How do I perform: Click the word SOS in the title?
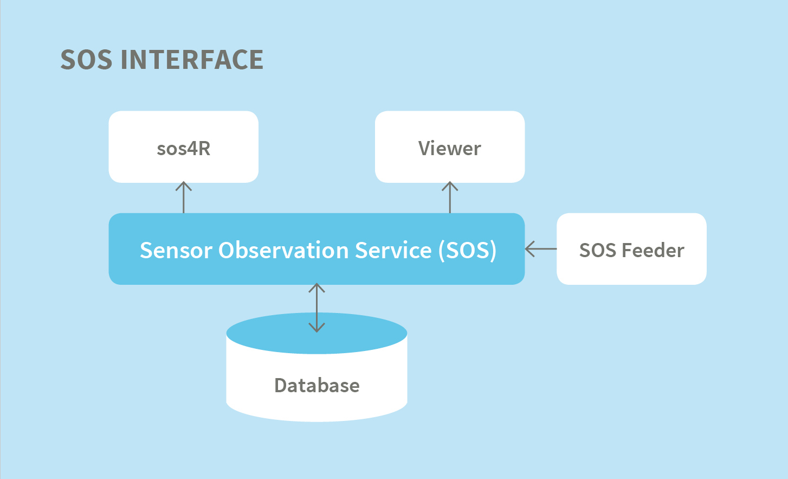click(x=86, y=60)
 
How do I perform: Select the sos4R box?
click(x=183, y=147)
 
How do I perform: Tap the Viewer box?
click(x=449, y=147)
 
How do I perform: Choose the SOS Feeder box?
click(x=631, y=249)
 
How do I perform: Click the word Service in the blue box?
click(x=393, y=250)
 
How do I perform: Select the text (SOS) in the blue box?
click(x=468, y=250)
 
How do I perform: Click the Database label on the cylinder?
click(x=317, y=385)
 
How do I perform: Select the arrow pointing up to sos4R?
click(x=184, y=197)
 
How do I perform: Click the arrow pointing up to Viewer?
click(x=450, y=197)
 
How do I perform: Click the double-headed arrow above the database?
click(x=317, y=308)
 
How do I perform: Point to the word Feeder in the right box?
click(x=653, y=250)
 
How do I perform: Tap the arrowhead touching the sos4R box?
click(x=184, y=186)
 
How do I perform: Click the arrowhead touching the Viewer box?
click(x=450, y=186)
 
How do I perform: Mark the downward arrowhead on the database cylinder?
click(x=317, y=328)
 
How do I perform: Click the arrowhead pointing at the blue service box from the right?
click(x=529, y=249)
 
